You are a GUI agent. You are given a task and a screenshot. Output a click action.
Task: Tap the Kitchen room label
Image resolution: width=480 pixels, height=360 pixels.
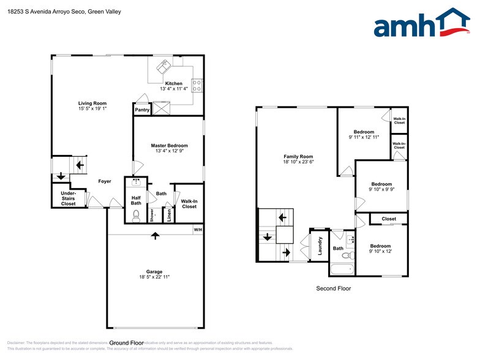(x=173, y=83)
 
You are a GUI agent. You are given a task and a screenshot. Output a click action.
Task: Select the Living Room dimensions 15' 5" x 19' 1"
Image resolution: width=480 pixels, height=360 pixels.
(x=92, y=109)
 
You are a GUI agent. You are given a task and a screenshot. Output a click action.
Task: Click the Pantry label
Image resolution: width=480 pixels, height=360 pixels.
(x=142, y=110)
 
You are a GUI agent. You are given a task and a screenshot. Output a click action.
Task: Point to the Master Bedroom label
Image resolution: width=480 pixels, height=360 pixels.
(x=168, y=145)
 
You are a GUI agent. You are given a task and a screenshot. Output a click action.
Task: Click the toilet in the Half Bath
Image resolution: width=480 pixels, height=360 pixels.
(x=136, y=216)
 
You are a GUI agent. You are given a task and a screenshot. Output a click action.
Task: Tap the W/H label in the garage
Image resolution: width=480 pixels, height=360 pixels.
(x=198, y=230)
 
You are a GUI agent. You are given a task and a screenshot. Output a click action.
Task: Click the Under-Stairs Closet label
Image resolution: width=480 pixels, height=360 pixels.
(x=68, y=198)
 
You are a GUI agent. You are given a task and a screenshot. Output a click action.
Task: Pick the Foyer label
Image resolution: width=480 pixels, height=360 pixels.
(x=105, y=181)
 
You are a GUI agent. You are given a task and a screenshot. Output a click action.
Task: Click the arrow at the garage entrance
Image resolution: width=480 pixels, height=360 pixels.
(x=156, y=235)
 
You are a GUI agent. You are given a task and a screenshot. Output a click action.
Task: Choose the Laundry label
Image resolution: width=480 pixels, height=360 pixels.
(x=320, y=245)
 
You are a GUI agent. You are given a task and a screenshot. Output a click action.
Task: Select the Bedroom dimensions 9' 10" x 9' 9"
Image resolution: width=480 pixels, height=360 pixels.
(x=381, y=190)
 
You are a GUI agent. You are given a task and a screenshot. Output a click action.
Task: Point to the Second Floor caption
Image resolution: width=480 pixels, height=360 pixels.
(x=333, y=288)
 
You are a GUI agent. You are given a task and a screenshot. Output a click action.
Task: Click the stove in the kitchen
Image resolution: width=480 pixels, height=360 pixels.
(x=197, y=86)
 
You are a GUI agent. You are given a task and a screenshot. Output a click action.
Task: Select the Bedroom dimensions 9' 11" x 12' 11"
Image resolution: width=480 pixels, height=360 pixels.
(x=363, y=137)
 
